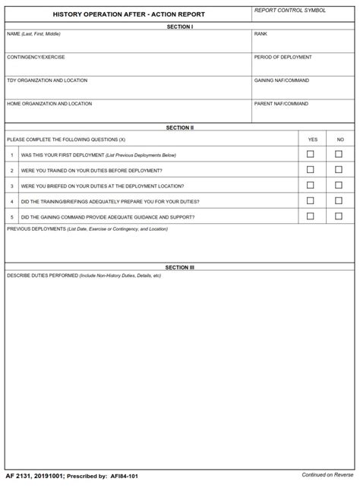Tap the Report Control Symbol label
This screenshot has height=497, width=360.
click(290, 11)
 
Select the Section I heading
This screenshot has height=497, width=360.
click(179, 27)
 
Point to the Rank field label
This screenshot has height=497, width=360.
click(261, 34)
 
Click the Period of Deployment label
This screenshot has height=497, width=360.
click(283, 57)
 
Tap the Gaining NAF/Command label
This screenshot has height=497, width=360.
click(281, 80)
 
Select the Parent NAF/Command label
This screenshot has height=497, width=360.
click(281, 103)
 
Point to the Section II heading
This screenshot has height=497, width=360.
click(179, 127)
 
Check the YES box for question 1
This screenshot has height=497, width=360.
click(310, 154)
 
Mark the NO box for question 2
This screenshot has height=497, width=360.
click(339, 169)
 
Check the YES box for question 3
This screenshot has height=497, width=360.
click(310, 185)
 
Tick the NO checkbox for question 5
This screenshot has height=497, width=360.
click(339, 216)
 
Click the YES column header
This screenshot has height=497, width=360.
click(312, 140)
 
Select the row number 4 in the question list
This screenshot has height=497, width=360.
click(11, 201)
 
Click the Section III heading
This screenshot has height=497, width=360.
click(179, 267)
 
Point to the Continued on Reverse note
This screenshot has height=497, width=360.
click(327, 475)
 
